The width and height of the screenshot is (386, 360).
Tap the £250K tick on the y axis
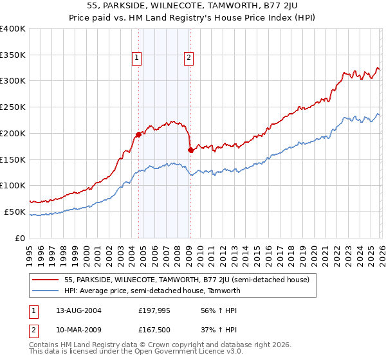[x=13, y=107]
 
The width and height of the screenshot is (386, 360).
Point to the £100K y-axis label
[x=13, y=185]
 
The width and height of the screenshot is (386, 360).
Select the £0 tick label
[x=21, y=238]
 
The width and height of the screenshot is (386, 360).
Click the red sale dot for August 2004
[x=138, y=134]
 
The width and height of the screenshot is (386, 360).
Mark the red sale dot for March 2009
[x=190, y=150]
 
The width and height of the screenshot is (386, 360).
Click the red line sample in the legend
[x=47, y=280]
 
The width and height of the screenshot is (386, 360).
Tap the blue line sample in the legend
[x=47, y=291]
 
